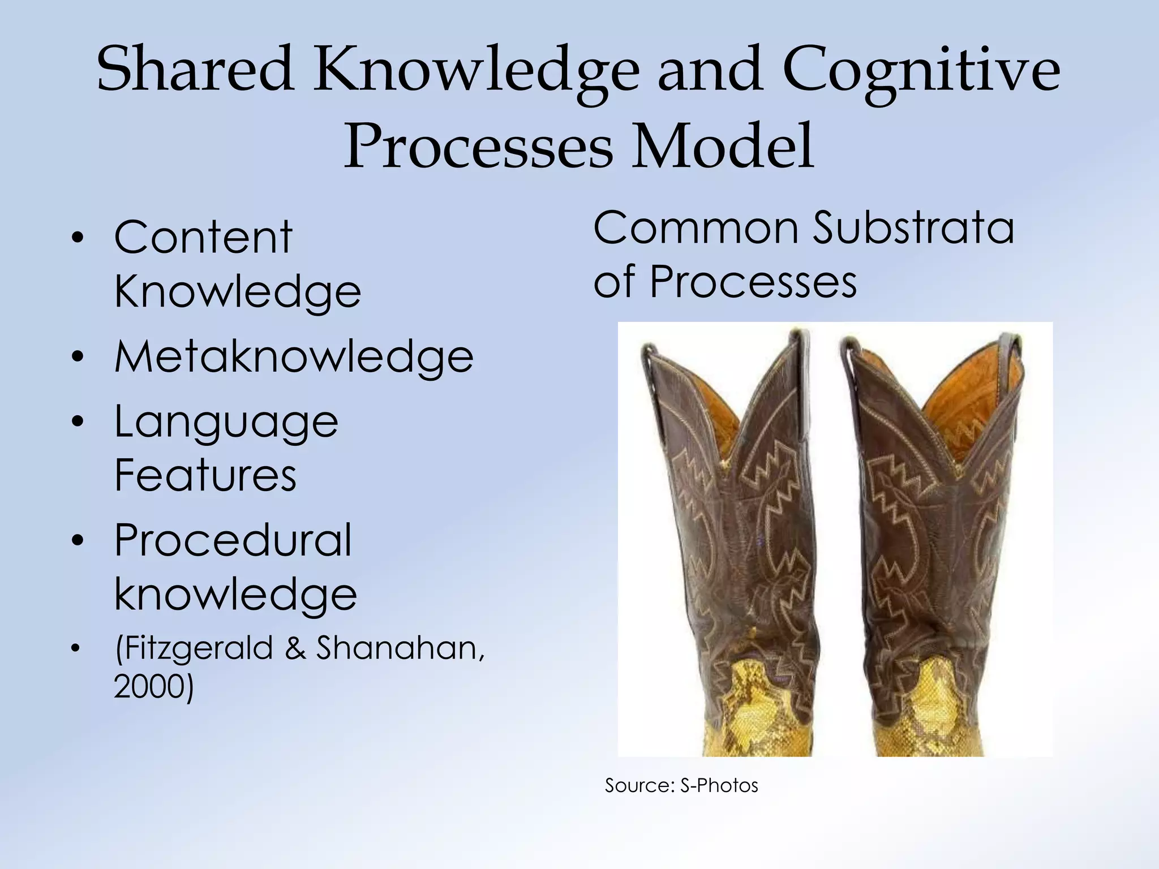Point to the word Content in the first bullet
(x=203, y=238)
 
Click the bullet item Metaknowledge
(x=294, y=357)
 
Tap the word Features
(x=205, y=475)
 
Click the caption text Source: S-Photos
(x=681, y=785)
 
